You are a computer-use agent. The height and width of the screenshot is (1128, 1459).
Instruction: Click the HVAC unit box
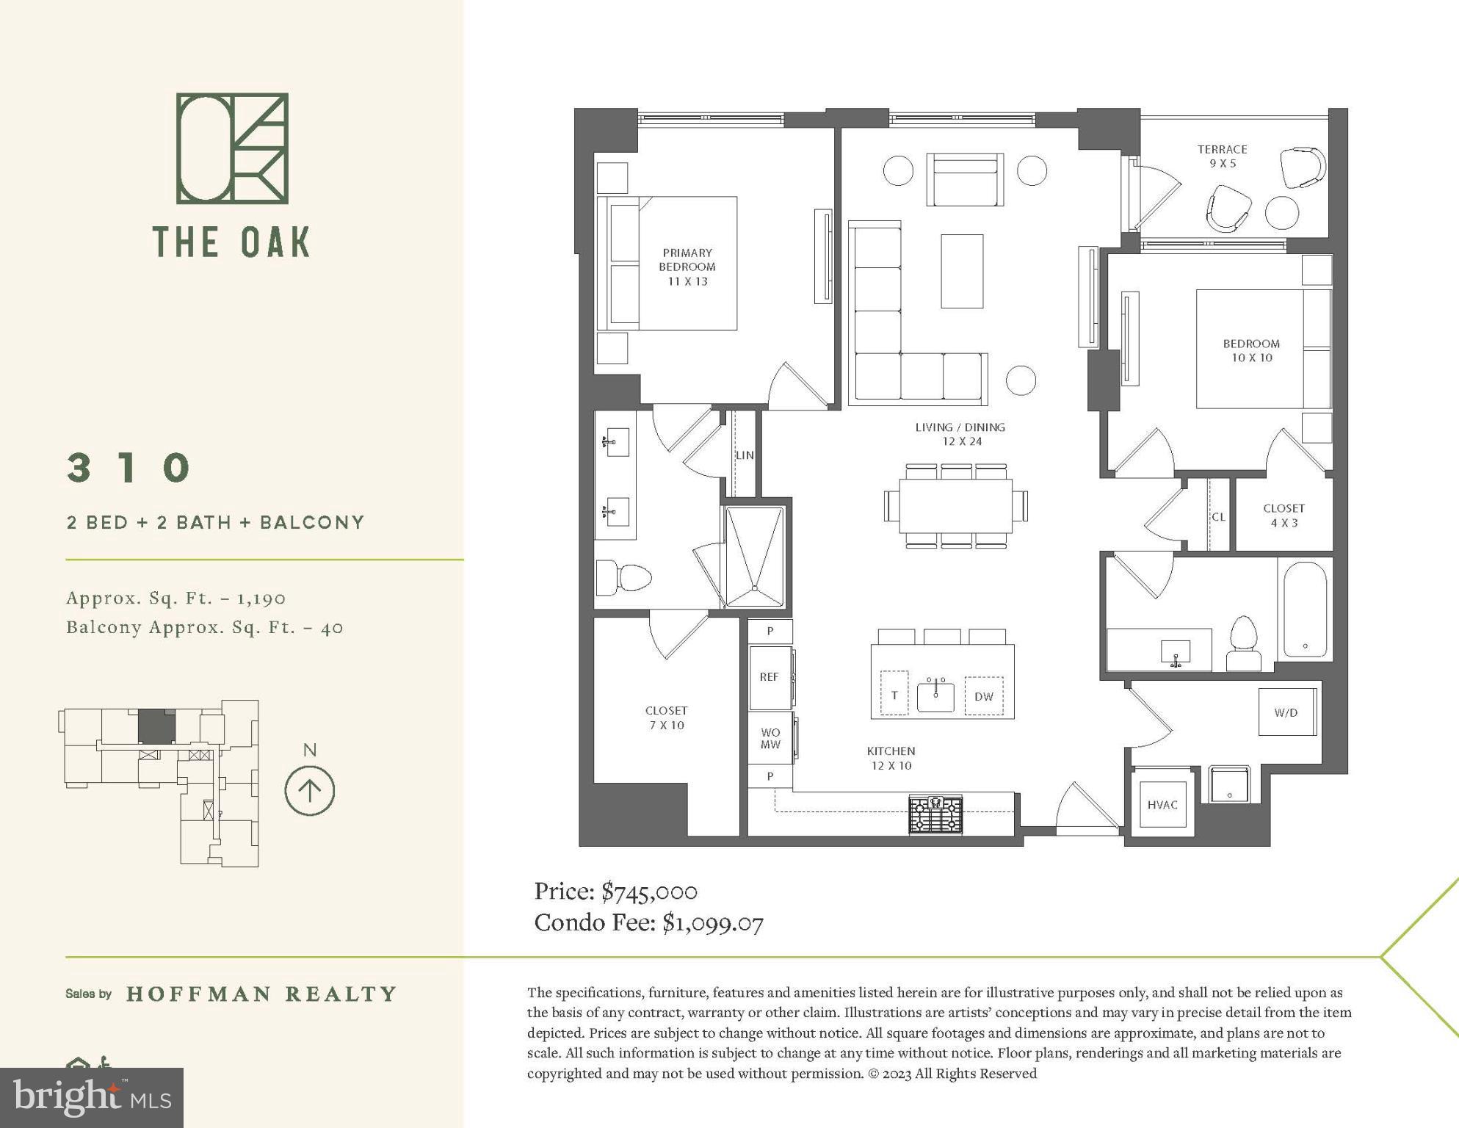pyautogui.click(x=1162, y=803)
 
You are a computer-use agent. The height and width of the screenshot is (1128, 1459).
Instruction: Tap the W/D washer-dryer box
pyautogui.click(x=1286, y=712)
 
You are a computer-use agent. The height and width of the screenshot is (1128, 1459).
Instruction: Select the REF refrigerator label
pyautogui.click(x=769, y=676)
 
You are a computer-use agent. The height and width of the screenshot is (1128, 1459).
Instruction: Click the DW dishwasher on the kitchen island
pyautogui.click(x=983, y=696)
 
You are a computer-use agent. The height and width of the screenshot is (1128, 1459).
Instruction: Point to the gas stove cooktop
pyautogui.click(x=935, y=814)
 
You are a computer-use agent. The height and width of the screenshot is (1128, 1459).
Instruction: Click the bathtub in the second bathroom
pyautogui.click(x=1305, y=610)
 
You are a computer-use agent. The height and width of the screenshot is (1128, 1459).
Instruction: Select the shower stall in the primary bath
pyautogui.click(x=754, y=556)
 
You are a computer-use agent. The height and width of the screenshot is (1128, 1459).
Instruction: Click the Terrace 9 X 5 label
pyautogui.click(x=1223, y=156)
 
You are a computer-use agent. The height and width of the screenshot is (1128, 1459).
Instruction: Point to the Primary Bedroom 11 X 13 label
pyautogui.click(x=687, y=267)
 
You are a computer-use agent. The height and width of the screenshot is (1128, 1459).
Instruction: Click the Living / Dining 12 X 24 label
pyautogui.click(x=960, y=434)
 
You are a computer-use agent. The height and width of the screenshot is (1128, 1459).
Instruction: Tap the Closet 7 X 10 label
pyautogui.click(x=666, y=717)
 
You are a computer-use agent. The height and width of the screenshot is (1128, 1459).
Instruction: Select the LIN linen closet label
pyautogui.click(x=745, y=455)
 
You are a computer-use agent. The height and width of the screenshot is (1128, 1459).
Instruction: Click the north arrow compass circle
pyautogui.click(x=309, y=791)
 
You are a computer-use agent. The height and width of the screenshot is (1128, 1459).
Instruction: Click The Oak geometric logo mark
pyautogui.click(x=232, y=148)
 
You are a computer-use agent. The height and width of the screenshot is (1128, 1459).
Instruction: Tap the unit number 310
pyautogui.click(x=129, y=467)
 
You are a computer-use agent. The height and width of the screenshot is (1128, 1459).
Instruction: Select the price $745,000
pyautogui.click(x=649, y=892)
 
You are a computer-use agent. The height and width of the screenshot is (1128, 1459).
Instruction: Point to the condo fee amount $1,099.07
pyautogui.click(x=713, y=922)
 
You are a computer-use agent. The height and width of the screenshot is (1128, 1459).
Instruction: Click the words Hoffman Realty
pyautogui.click(x=261, y=994)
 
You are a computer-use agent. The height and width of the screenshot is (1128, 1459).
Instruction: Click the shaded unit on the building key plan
pyautogui.click(x=156, y=726)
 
